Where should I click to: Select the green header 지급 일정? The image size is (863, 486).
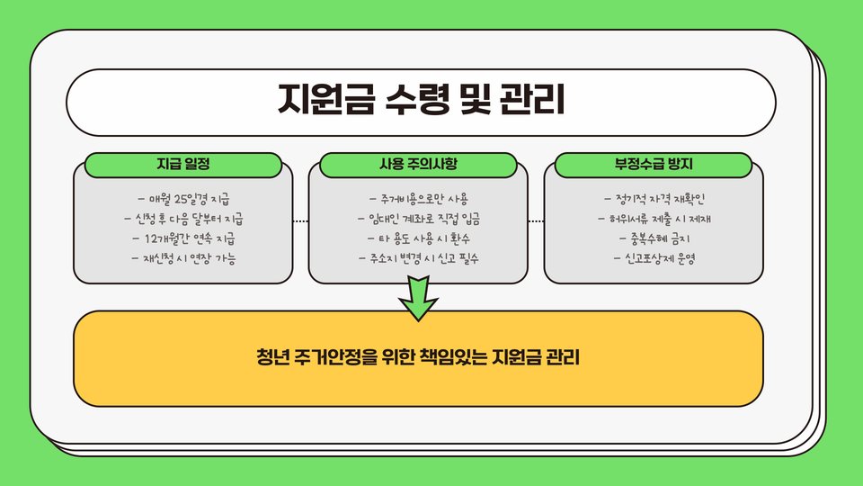point(183,165)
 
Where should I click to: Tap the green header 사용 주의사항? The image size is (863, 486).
point(419,165)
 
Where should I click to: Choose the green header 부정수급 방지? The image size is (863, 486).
point(654,165)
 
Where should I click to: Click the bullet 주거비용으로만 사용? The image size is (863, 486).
point(419,198)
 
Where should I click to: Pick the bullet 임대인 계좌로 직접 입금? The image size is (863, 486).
point(419,219)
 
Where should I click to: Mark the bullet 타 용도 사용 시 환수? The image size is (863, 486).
point(419,239)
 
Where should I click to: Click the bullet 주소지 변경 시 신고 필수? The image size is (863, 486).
point(419,259)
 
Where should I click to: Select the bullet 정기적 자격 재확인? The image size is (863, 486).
point(654,198)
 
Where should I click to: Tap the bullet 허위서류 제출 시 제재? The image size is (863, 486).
point(654,219)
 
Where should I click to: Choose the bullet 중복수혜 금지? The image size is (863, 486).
point(654,239)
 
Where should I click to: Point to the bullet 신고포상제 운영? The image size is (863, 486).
point(654,259)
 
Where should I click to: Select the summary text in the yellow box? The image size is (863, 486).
point(419,357)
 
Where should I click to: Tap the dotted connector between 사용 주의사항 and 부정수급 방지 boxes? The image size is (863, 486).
point(537,220)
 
